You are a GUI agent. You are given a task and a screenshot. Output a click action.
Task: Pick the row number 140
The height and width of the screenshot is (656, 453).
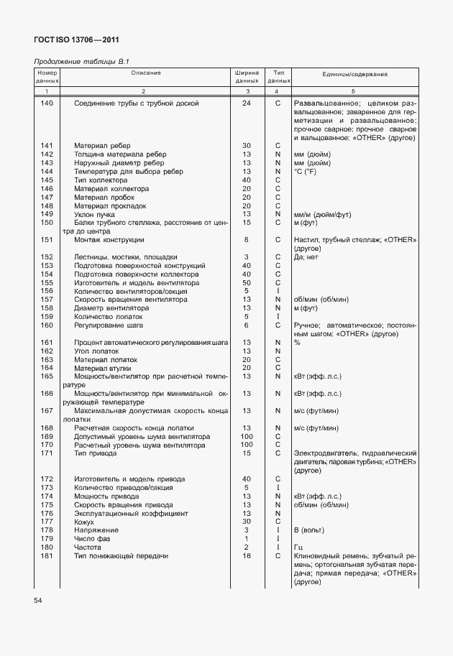(47, 103)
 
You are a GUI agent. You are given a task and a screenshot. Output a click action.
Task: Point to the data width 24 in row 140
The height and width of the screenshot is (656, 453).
(246, 103)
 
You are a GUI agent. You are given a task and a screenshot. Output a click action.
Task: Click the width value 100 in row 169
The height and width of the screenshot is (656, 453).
(246, 436)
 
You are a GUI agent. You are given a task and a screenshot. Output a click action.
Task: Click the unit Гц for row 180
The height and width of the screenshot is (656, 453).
(298, 548)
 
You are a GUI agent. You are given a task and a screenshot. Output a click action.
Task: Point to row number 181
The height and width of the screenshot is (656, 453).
(47, 556)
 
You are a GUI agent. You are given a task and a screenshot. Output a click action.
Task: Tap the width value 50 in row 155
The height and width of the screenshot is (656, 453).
(246, 282)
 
